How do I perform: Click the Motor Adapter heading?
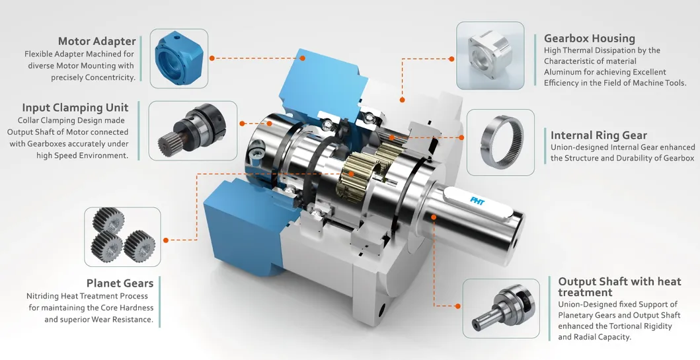coord(97,41)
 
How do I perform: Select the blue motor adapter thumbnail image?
coord(179,58)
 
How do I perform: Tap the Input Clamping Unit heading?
coord(75,108)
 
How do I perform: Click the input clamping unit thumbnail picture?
coord(192,130)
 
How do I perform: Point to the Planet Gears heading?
coord(120,283)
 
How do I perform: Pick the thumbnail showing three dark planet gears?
coord(122,236)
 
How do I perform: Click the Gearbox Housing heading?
coord(590,38)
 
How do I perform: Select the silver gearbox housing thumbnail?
coord(490,55)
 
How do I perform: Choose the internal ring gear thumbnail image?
coord(500,142)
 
